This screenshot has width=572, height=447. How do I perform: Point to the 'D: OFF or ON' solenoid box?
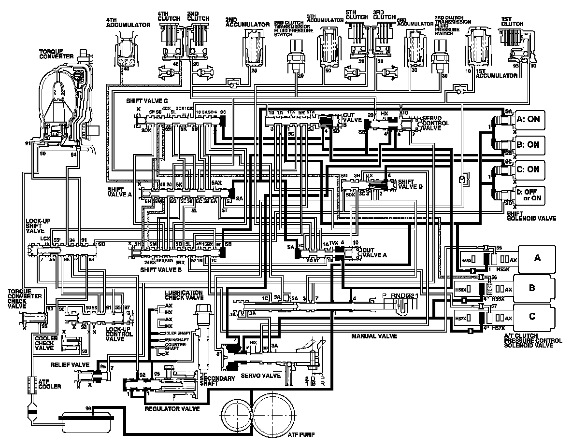pos(529,196)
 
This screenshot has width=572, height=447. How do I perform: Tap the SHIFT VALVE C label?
pos(147,101)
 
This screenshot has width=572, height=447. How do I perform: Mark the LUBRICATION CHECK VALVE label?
pos(184,295)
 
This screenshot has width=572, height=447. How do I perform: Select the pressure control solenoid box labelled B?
pos(532,288)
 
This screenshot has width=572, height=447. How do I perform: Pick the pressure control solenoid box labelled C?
pos(532,316)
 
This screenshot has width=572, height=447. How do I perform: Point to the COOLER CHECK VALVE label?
pos(46,343)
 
